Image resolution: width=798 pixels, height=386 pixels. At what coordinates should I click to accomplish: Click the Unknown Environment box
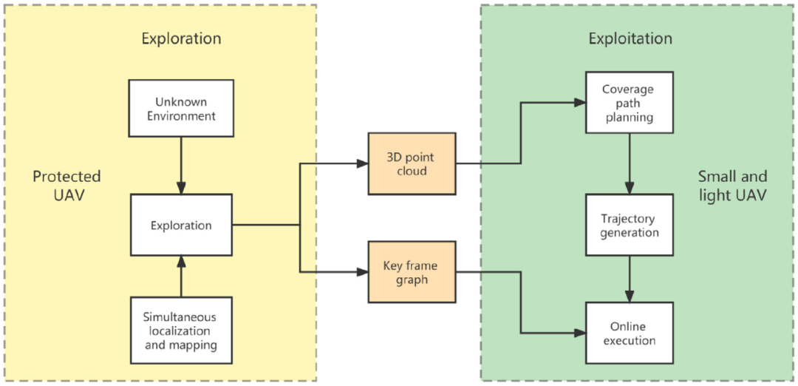(181, 109)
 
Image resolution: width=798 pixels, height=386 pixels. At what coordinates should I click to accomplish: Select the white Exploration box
(181, 225)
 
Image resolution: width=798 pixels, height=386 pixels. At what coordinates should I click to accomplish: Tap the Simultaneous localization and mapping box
(181, 330)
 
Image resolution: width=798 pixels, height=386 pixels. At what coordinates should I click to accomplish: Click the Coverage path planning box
(629, 103)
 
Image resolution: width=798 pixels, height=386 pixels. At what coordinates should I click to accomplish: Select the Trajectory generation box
(629, 226)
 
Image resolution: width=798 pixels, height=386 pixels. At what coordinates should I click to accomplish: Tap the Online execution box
(629, 333)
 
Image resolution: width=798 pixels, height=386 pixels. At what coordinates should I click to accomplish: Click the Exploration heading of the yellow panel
(181, 38)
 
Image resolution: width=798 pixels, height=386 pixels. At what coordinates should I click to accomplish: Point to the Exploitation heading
(630, 38)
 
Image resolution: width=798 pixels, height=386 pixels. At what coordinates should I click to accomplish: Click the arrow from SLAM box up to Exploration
(181, 277)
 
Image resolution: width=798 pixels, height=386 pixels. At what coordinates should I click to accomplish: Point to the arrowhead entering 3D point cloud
(362, 164)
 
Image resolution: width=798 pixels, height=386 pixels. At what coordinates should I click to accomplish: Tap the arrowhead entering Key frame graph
(362, 273)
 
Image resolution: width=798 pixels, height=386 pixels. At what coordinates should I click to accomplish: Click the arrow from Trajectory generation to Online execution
(629, 280)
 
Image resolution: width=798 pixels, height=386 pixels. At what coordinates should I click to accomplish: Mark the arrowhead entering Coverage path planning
(580, 103)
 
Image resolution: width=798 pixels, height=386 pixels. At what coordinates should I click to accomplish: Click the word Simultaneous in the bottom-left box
(181, 316)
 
